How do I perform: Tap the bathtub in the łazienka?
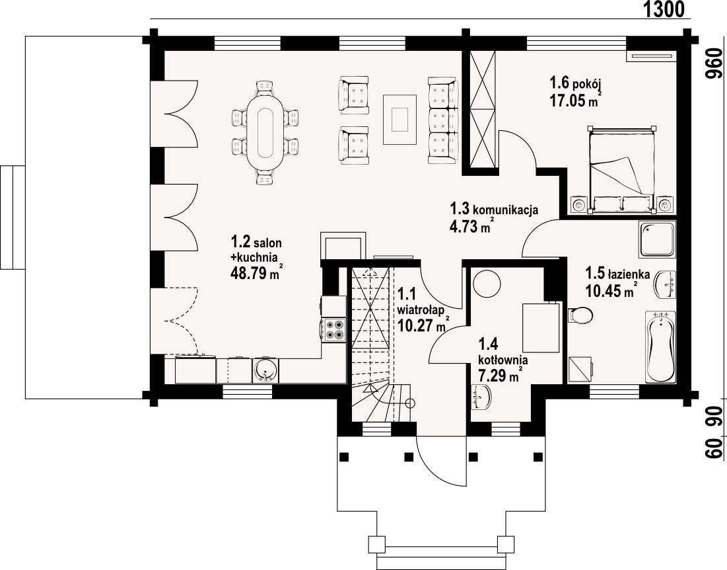(660, 347)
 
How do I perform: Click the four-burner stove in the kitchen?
(335, 329)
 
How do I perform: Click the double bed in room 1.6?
(621, 170)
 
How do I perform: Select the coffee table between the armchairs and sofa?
(399, 120)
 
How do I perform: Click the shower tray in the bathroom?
(658, 239)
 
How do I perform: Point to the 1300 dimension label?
(664, 9)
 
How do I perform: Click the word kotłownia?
(502, 360)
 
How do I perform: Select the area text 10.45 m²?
(610, 290)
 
